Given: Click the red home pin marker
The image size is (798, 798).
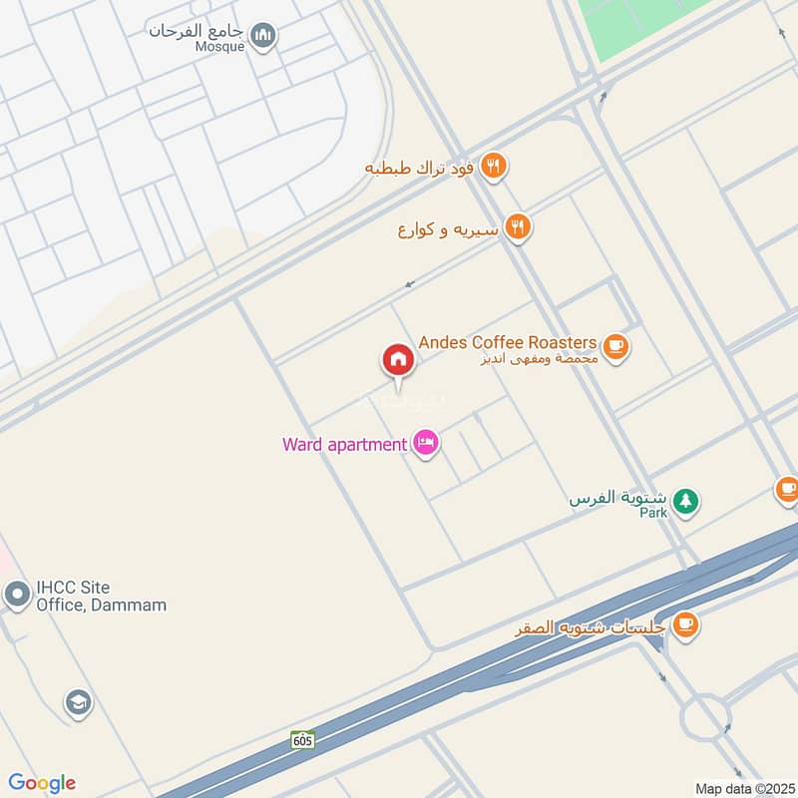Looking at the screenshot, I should (x=397, y=360).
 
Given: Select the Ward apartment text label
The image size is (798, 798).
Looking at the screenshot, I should (x=344, y=444).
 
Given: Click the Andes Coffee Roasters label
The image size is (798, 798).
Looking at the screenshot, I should (x=508, y=342).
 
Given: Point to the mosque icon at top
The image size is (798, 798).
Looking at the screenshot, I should (x=263, y=37).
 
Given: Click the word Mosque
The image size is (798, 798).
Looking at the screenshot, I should (x=220, y=47).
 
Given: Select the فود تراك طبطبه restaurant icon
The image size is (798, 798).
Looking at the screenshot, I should (x=493, y=167).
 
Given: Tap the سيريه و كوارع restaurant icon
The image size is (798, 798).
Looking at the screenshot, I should (x=516, y=228).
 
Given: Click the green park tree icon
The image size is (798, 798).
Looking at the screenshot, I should (x=684, y=501).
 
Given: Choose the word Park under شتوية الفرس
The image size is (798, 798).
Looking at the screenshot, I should (x=653, y=513).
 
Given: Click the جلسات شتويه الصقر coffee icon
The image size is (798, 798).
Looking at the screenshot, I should (x=684, y=625).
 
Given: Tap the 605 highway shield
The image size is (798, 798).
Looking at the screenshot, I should (x=303, y=740).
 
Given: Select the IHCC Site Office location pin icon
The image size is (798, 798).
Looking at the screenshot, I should (x=17, y=596).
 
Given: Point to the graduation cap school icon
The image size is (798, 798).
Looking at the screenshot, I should (x=77, y=703).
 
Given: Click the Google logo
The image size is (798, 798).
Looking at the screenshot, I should (x=42, y=783).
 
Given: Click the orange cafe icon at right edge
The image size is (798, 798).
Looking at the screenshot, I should (x=788, y=490).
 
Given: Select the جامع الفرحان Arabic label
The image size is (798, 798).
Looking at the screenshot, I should (x=197, y=30).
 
